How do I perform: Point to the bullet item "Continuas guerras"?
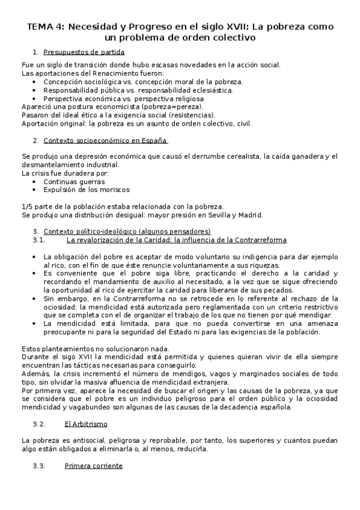coord(74,181)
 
